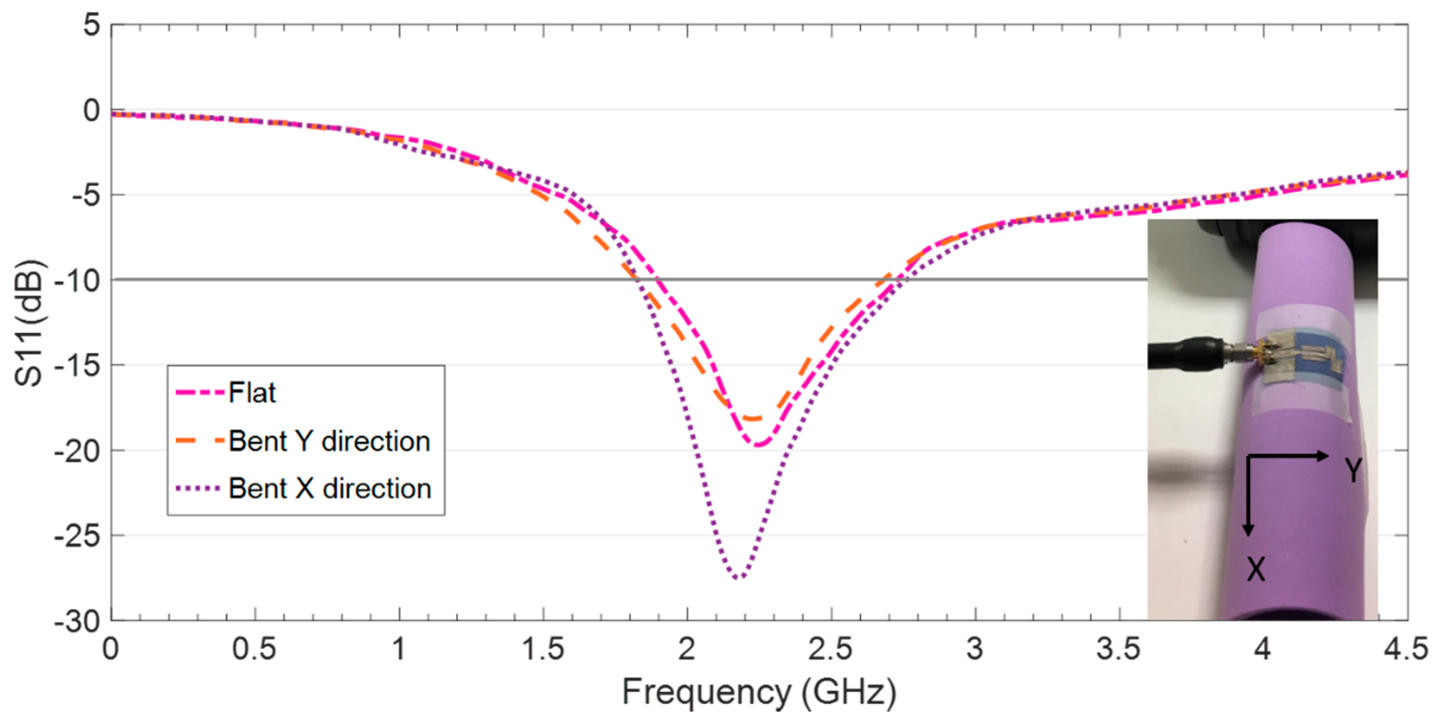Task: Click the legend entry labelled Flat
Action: coord(252,393)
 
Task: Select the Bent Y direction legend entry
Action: coord(329,441)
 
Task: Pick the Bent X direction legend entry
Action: coord(329,488)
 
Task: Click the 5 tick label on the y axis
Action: coord(92,25)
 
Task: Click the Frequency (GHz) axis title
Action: coord(759,692)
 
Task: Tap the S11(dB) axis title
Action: coord(28,323)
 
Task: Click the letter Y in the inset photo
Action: coord(1353,470)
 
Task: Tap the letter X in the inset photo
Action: coord(1256,569)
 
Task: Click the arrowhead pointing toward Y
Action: coord(1324,456)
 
